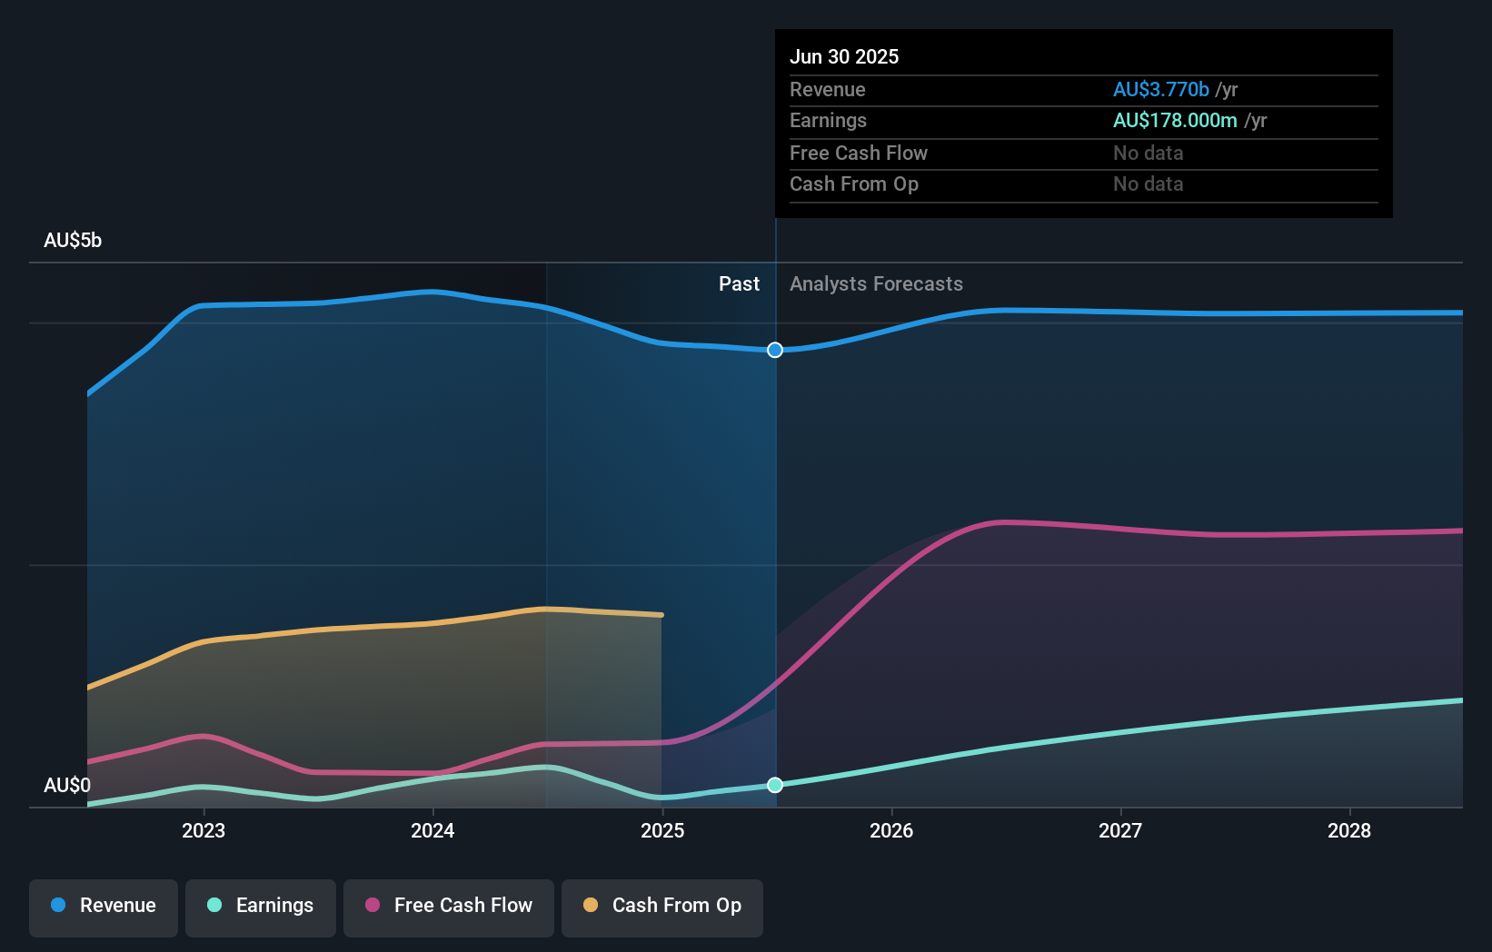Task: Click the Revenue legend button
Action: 104,906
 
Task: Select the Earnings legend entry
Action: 261,906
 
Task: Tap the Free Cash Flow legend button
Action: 449,906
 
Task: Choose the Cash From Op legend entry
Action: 662,906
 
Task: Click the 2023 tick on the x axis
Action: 204,830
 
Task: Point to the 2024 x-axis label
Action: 433,830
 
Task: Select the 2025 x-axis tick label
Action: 662,830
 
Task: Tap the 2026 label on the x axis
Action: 891,830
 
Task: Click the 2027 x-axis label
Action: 1120,830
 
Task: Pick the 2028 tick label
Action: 1349,830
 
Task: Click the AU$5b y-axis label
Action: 73,241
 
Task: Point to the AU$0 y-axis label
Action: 67,785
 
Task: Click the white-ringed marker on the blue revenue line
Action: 775,350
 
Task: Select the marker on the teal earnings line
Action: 775,785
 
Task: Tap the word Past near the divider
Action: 739,284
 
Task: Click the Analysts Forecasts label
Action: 876,284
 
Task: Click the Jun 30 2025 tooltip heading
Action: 844,56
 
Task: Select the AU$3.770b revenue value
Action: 1160,89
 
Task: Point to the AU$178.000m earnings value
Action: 1175,120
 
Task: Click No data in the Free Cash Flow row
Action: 1148,153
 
